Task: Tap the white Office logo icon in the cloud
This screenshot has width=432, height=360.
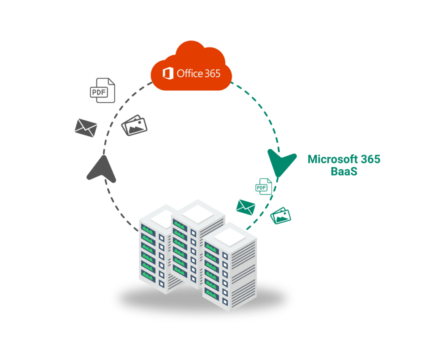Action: coord(168,73)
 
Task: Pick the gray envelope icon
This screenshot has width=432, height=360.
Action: coord(86,127)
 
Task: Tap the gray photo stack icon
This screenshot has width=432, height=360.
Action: coord(135,125)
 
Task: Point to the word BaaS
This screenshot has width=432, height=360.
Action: coord(344,172)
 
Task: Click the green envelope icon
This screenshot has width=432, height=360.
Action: coord(246,207)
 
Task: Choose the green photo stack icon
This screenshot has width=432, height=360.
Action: coord(281,216)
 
